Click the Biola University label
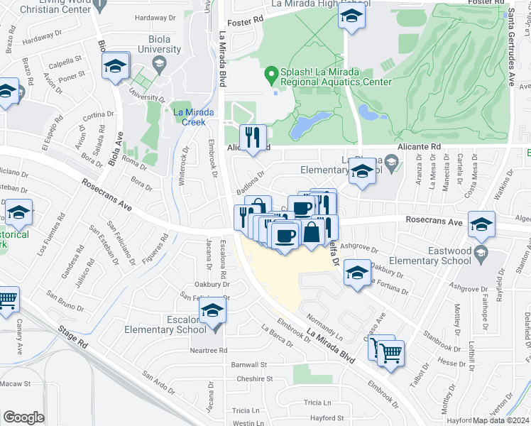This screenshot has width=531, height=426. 160,43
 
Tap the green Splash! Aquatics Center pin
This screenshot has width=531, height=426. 270,73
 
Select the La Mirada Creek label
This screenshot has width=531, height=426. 189,116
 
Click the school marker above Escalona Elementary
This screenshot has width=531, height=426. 212,310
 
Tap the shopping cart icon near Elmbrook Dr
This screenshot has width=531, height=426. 390,352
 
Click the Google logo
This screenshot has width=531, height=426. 23,417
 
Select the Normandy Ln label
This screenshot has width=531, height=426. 321,324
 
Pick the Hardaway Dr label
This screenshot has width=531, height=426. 154,18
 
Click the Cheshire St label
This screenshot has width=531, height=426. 251,379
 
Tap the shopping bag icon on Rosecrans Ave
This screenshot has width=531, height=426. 312,232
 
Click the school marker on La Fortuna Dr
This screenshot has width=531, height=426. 357,273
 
